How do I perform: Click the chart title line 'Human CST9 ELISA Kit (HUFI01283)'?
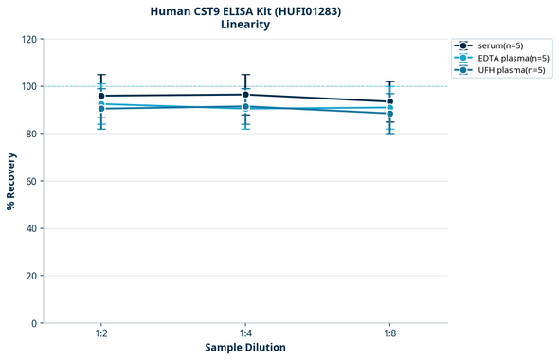point(245,10)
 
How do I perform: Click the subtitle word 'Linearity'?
point(245,25)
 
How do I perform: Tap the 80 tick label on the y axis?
point(30,135)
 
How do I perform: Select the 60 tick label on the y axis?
point(30,181)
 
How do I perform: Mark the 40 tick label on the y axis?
point(30,228)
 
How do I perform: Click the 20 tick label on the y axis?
point(30,276)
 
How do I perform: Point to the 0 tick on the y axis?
point(33,323)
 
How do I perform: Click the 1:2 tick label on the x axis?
point(101,334)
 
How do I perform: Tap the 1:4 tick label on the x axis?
point(245,334)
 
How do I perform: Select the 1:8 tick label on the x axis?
point(389,334)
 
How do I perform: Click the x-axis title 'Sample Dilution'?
point(245,348)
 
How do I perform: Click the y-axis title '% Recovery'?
point(11,181)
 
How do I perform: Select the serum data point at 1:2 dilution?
point(101,96)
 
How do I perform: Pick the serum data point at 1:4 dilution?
point(245,95)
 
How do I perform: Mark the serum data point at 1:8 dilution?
point(389,101)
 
